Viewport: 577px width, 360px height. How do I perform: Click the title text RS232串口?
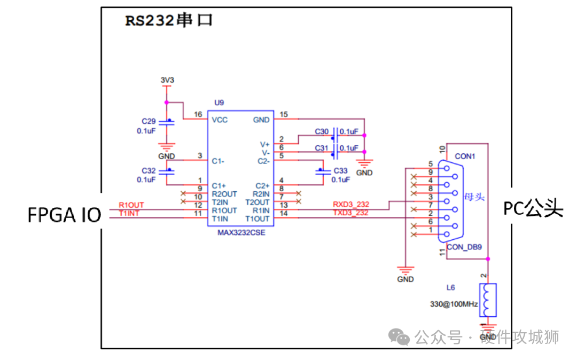click(x=169, y=21)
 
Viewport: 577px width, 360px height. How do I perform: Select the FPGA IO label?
click(x=64, y=216)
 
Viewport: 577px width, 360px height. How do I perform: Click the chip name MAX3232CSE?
click(x=241, y=233)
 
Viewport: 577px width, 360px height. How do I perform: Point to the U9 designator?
click(x=219, y=102)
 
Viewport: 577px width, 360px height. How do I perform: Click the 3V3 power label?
click(x=167, y=80)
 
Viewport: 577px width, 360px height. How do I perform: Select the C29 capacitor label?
click(x=149, y=122)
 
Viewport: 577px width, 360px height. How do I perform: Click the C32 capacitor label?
click(x=149, y=170)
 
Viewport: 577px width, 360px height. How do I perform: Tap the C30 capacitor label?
click(x=322, y=131)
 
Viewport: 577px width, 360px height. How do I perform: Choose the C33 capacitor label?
click(x=340, y=170)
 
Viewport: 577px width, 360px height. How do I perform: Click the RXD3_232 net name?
click(x=351, y=204)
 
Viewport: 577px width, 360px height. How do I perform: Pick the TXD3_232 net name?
click(x=350, y=213)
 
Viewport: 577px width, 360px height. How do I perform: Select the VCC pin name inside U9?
click(x=220, y=120)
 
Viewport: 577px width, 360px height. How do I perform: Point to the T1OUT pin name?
click(x=258, y=218)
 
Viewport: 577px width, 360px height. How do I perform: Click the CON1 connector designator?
click(x=465, y=156)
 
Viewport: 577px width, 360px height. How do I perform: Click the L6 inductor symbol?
click(x=487, y=300)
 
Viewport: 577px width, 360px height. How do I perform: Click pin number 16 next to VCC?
click(x=198, y=115)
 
